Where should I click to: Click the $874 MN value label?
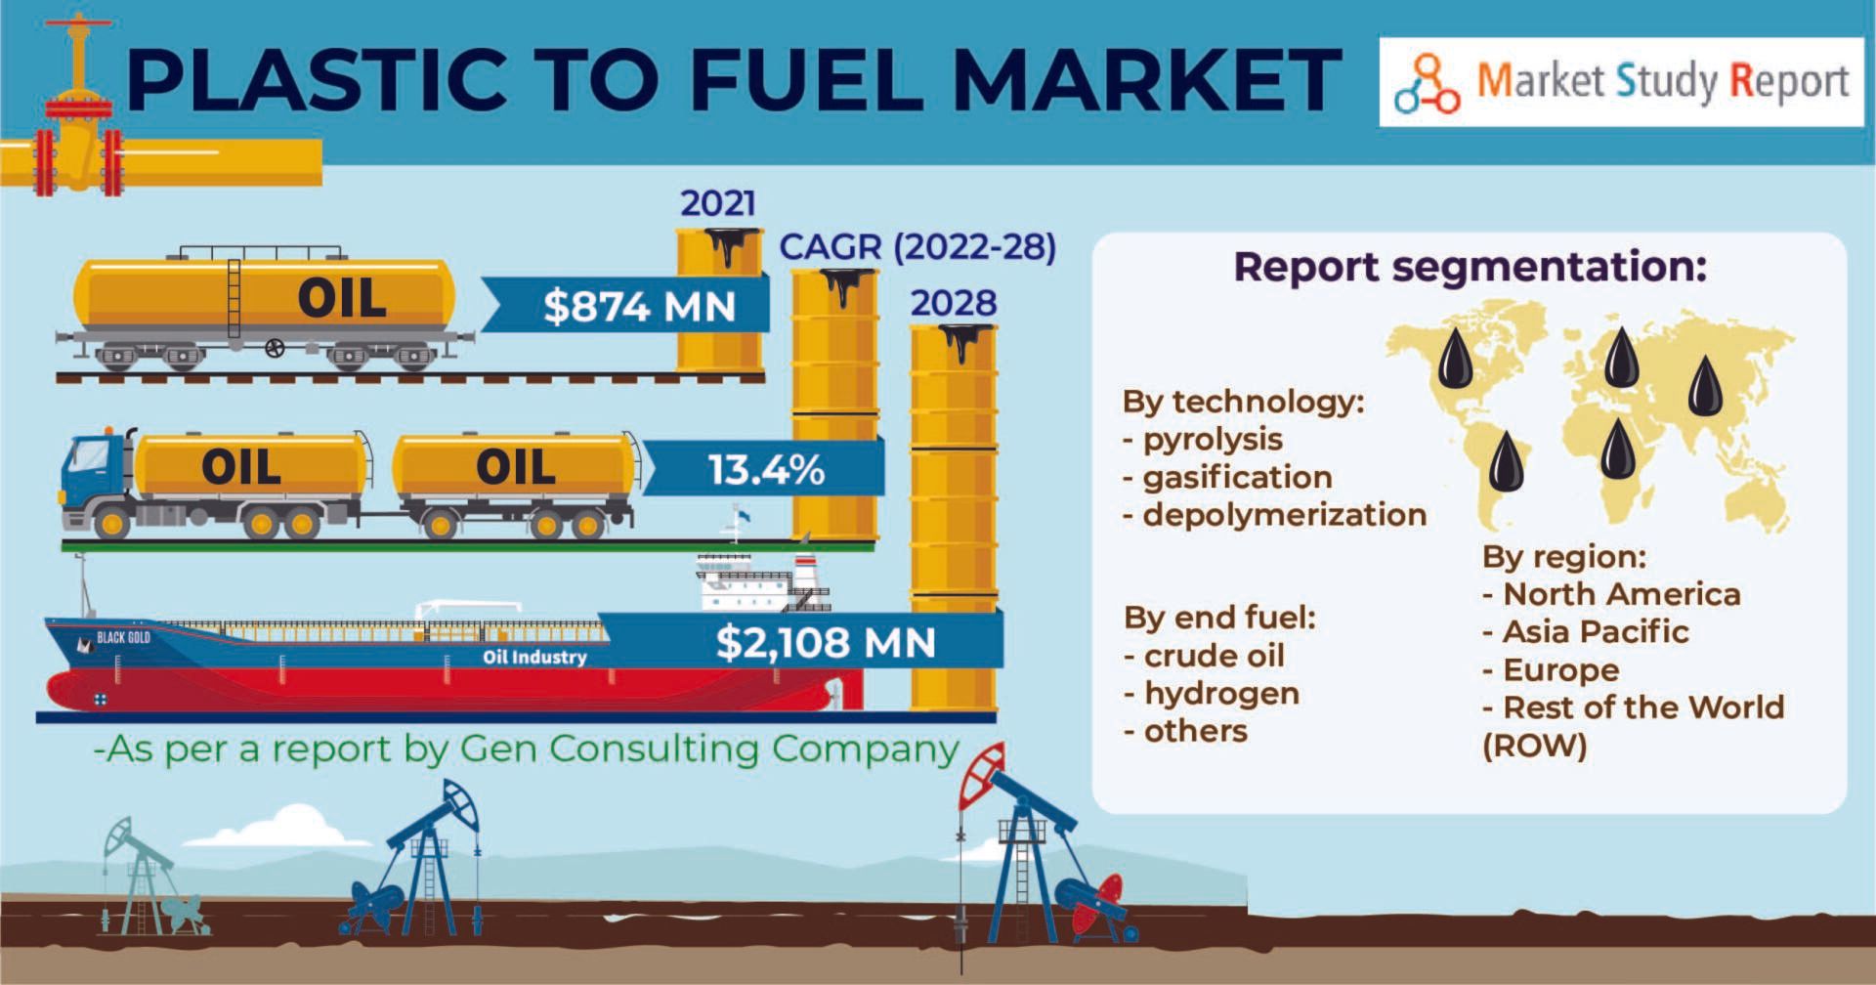(x=640, y=307)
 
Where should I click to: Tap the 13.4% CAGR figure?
(x=766, y=470)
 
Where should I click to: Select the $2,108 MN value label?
(x=826, y=642)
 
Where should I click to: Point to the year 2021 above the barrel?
(x=718, y=203)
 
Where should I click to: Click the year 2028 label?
(x=954, y=303)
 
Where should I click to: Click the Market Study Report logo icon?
(x=1427, y=84)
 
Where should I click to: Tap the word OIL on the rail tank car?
(x=342, y=299)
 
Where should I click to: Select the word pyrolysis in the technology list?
(x=1213, y=440)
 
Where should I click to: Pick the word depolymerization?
(x=1285, y=514)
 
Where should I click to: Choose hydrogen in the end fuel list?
(x=1221, y=694)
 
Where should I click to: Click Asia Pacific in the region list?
(x=1596, y=632)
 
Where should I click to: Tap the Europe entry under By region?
(x=1560, y=670)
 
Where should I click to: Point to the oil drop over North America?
(x=1456, y=357)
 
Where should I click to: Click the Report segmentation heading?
(x=1470, y=267)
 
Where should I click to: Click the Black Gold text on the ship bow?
(x=123, y=638)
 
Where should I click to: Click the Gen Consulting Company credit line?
(x=526, y=750)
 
